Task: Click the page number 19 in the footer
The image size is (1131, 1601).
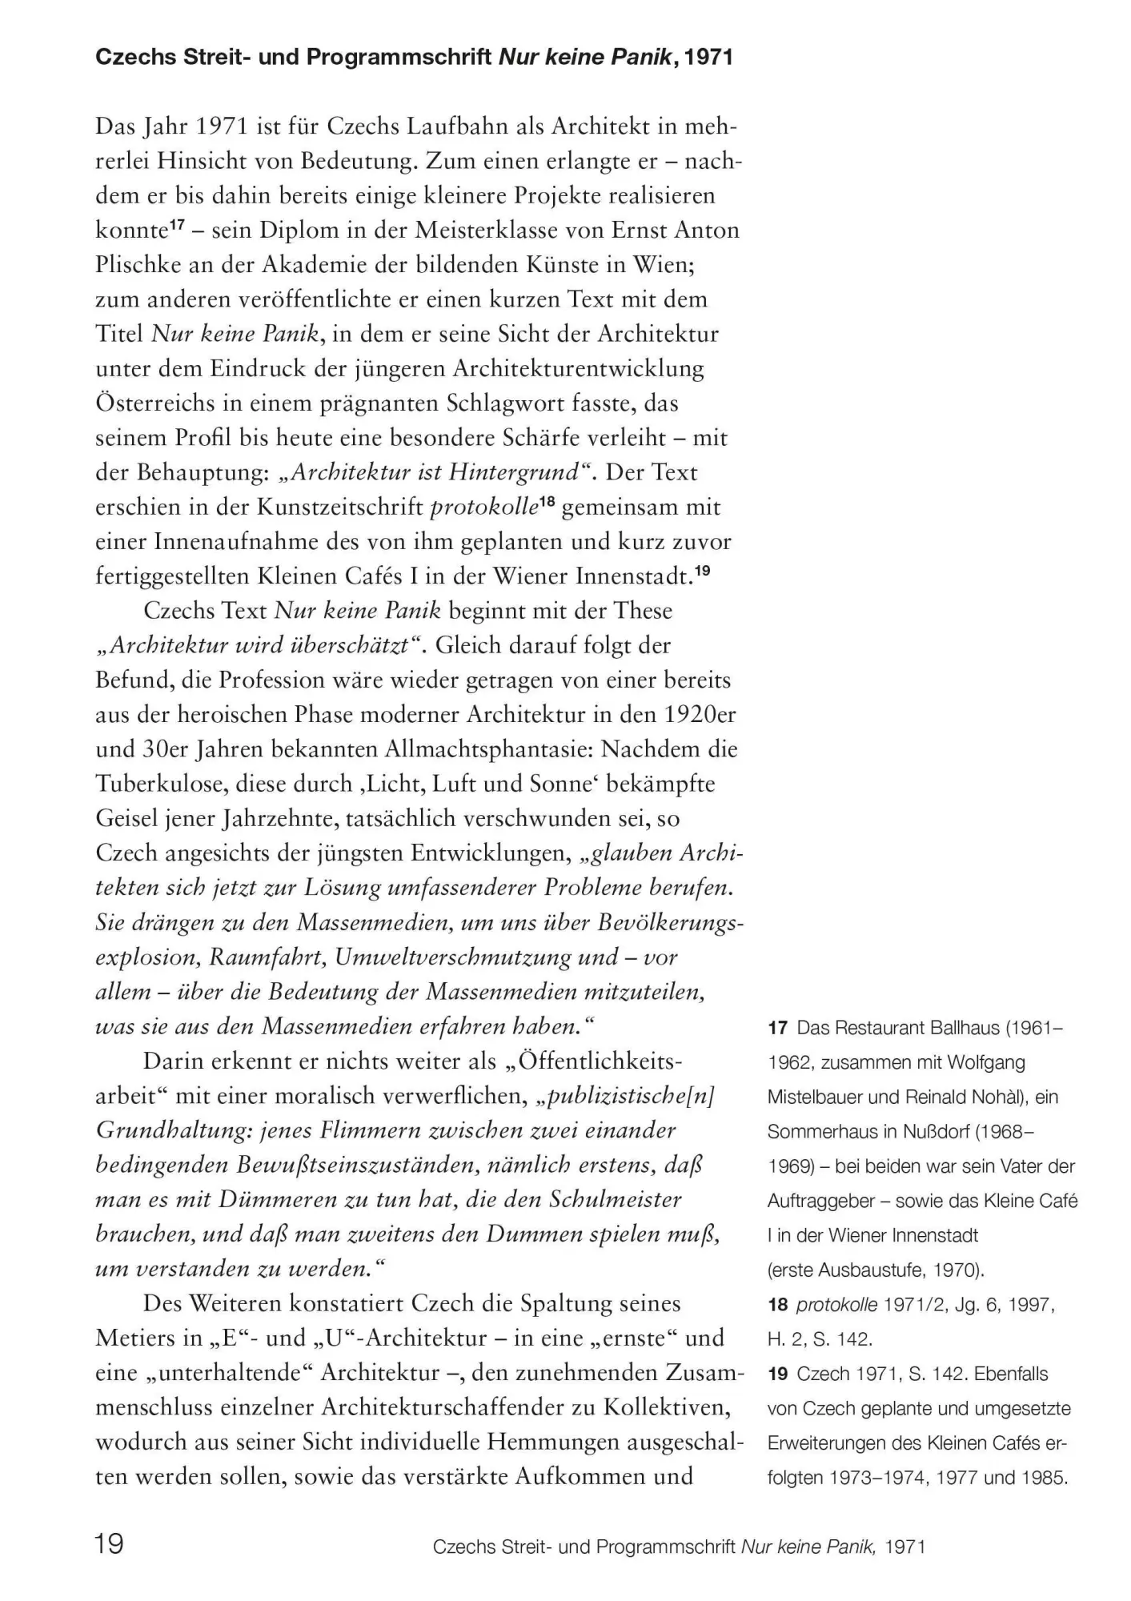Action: pos(110,1542)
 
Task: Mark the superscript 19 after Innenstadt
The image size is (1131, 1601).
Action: pos(702,571)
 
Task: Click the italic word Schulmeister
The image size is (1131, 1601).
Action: pos(615,1200)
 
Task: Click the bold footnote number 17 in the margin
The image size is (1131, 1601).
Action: pos(777,1028)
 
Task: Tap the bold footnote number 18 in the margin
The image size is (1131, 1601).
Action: pos(777,1305)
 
